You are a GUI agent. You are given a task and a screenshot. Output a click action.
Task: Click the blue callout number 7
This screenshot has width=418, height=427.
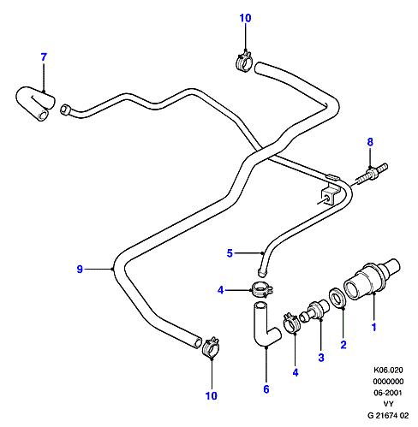point(44,57)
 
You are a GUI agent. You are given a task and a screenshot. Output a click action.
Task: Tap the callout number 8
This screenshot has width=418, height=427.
point(370,142)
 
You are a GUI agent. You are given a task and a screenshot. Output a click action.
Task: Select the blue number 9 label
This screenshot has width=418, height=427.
point(80,269)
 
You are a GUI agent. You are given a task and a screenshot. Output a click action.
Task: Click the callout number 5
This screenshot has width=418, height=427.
point(230,253)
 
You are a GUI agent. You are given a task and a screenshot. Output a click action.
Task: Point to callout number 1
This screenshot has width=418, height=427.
point(374,327)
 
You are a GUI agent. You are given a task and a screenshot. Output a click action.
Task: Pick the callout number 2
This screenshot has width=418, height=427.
point(343,345)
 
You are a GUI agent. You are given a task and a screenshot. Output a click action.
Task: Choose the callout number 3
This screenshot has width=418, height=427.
point(321,358)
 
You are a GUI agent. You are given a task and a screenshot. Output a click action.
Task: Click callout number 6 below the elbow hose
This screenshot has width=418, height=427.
point(266,389)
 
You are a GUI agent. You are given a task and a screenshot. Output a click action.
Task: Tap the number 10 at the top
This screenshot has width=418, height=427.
point(245,18)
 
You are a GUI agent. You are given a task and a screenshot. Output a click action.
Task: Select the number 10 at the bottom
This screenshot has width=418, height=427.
point(212,395)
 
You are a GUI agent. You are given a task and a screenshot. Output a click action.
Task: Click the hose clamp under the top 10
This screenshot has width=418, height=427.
point(244,61)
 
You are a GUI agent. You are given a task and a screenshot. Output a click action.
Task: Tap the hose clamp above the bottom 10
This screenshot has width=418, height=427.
point(211,347)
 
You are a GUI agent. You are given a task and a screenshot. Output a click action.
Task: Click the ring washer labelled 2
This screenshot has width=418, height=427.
point(337,298)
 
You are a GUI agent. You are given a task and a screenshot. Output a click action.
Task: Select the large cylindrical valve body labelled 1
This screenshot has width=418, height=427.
point(372,279)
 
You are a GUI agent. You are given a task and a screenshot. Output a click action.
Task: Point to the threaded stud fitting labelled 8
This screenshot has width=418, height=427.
point(372,173)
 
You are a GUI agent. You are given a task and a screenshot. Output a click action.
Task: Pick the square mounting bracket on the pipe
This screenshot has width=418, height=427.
point(329,194)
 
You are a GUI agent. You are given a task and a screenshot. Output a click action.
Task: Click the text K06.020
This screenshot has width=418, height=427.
point(388,370)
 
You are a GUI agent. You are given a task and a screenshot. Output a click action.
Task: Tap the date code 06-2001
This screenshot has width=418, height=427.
point(388,393)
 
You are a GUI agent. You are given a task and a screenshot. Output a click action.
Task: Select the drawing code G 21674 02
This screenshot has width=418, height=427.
point(388,415)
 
